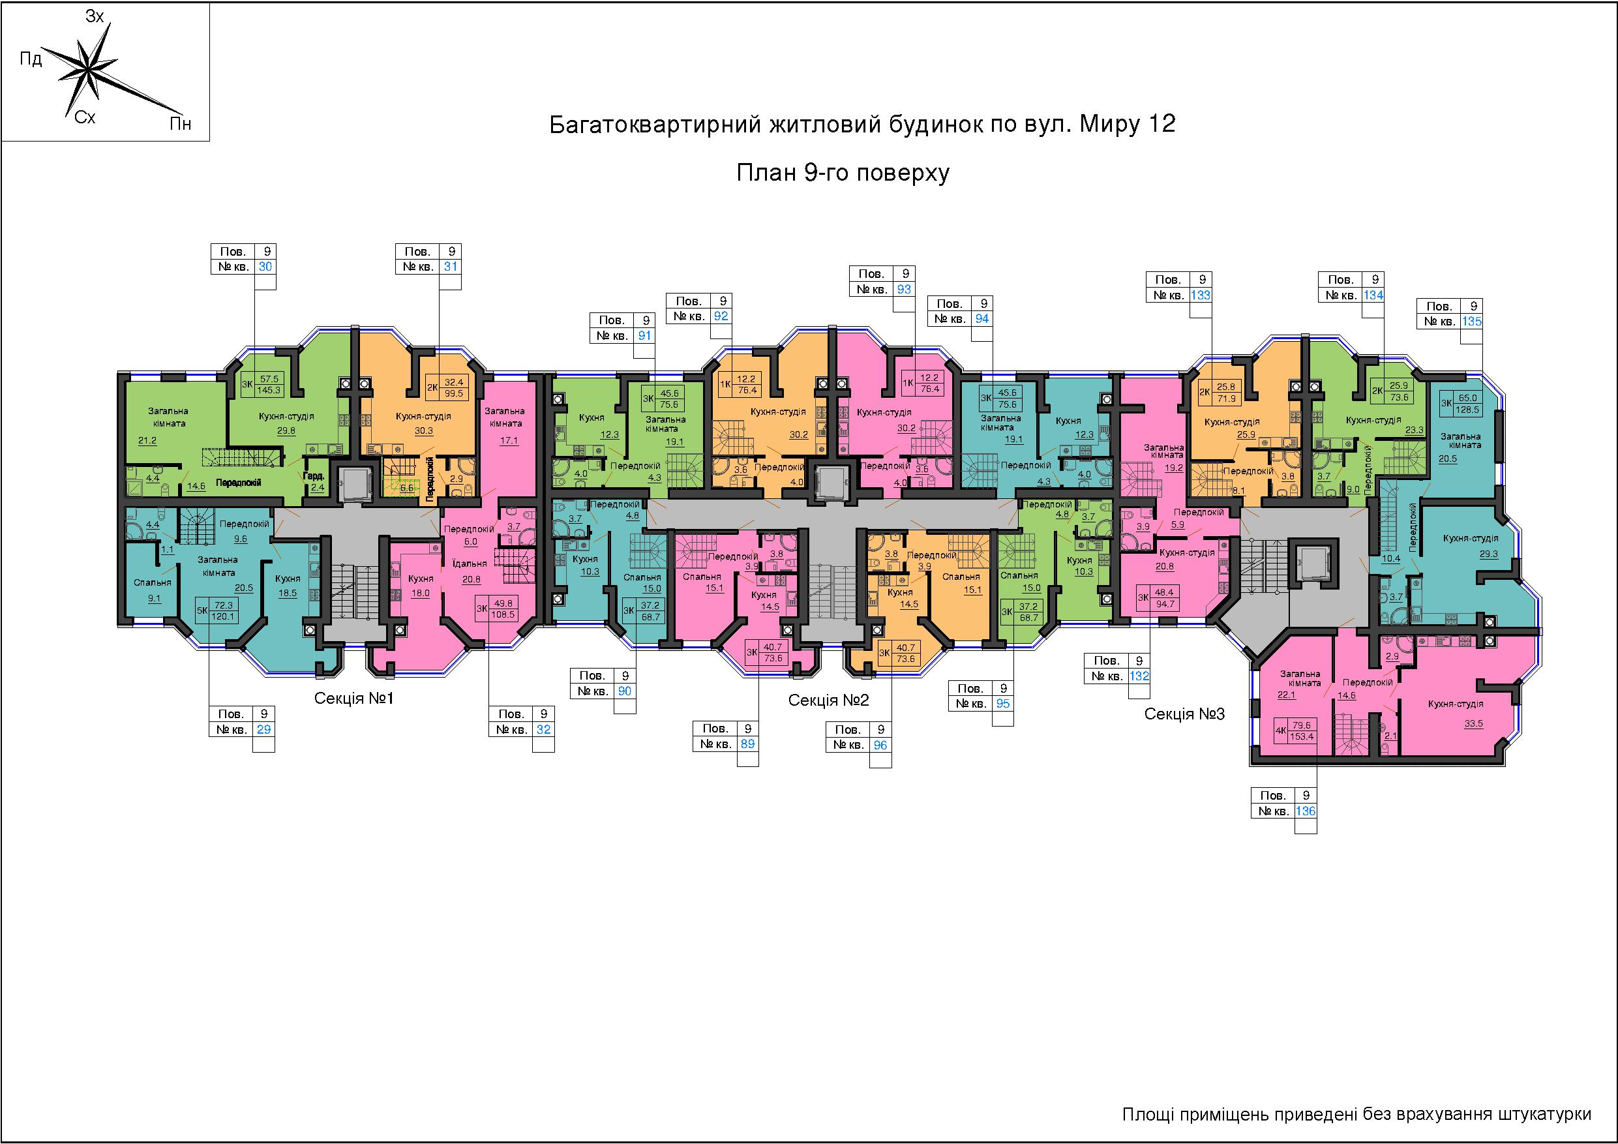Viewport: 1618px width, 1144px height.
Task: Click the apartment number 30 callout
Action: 265,267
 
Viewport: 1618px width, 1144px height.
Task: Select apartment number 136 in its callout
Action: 1306,811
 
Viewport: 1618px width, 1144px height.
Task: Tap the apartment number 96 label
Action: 880,745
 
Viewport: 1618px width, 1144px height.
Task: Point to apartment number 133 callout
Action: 1200,295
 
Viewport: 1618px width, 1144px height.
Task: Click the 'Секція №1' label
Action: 353,699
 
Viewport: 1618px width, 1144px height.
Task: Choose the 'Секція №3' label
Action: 1184,714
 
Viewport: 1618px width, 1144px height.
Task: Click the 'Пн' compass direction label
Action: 180,125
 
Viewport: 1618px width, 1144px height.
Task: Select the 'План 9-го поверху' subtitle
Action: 843,173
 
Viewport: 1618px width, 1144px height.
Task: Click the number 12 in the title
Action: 1163,125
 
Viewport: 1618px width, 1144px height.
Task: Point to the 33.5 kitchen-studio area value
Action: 1455,723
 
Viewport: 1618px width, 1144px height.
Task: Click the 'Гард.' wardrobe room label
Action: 314,477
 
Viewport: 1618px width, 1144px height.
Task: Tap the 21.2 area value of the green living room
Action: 148,440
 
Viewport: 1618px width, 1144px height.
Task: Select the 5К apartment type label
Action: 202,610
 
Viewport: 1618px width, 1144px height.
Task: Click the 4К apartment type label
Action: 1281,731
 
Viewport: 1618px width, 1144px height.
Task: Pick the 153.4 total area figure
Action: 1302,736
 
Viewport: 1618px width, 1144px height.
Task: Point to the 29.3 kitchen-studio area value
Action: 1488,554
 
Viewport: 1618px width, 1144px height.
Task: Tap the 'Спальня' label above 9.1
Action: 153,583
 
